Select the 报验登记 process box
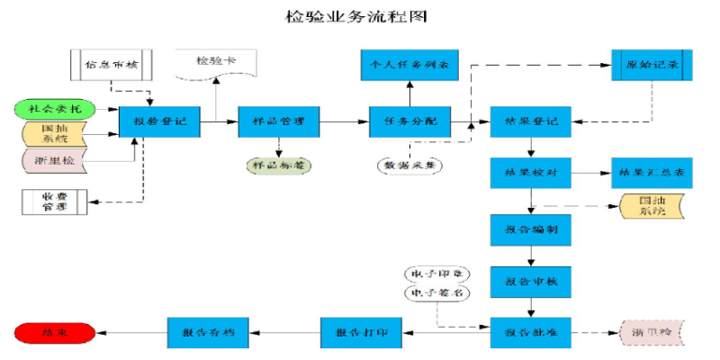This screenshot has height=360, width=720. pos(160,121)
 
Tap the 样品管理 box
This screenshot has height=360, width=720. pos(279,121)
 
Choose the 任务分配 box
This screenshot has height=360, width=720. pos(409,121)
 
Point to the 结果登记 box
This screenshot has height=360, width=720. pos(531,121)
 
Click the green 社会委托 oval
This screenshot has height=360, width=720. pos(55,109)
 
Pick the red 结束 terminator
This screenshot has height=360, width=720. pos(54,333)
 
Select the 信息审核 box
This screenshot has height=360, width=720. pos(112,65)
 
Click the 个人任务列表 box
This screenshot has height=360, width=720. pos(409,65)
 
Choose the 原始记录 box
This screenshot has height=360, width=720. pos(652,65)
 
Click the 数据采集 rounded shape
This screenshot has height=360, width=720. pos(409,166)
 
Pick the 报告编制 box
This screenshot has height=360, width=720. pos(531,229)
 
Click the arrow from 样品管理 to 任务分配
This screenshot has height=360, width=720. pos(345,121)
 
